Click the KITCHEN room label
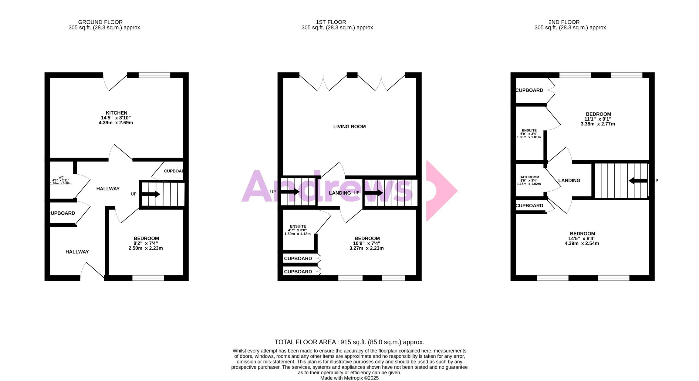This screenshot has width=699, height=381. (x=116, y=113)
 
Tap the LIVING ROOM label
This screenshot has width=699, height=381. (x=349, y=127)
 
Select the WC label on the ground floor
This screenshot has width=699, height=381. (x=61, y=178)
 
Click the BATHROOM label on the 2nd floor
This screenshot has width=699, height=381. (x=529, y=177)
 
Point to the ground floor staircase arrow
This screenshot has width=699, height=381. (x=151, y=194)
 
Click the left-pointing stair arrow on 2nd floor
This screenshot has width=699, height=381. (x=638, y=181)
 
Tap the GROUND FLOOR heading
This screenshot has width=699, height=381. (x=100, y=22)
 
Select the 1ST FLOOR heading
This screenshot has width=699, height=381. (x=331, y=22)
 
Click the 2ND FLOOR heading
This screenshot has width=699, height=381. (x=564, y=22)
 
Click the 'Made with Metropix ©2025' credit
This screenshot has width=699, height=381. (x=349, y=378)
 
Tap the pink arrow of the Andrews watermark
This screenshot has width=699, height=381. (x=441, y=191)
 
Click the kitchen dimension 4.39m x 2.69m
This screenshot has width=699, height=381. (x=116, y=123)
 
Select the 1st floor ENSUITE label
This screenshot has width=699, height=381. (x=298, y=226)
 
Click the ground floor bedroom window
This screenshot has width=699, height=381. (x=148, y=278)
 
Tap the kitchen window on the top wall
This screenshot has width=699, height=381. (x=154, y=75)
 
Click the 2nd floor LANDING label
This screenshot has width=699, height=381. (x=569, y=181)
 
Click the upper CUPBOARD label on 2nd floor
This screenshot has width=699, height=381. (x=529, y=90)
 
